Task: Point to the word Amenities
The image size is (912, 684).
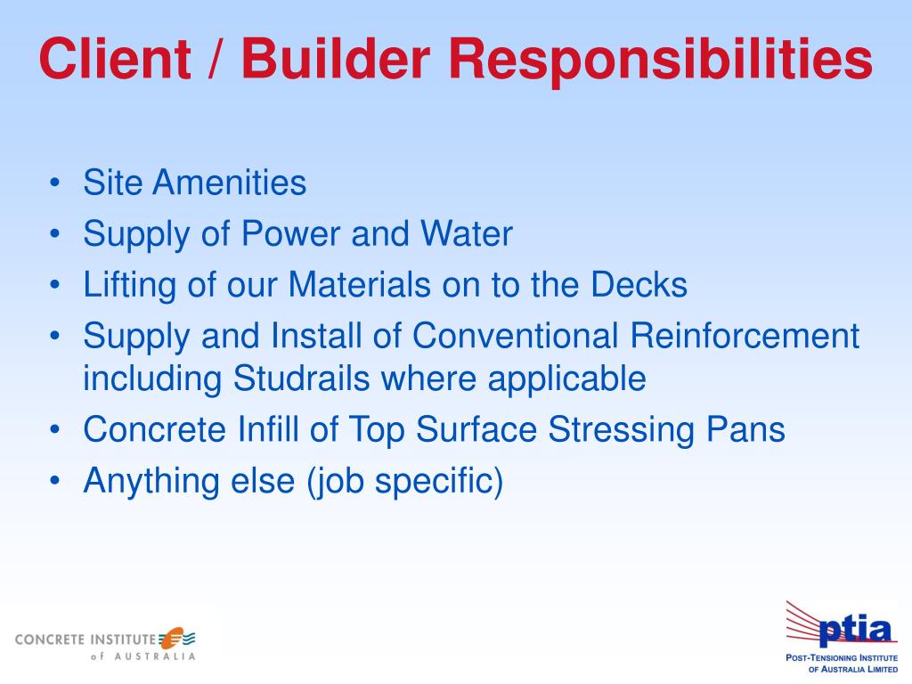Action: pos(229,183)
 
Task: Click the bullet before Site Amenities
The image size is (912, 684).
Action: pos(56,184)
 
